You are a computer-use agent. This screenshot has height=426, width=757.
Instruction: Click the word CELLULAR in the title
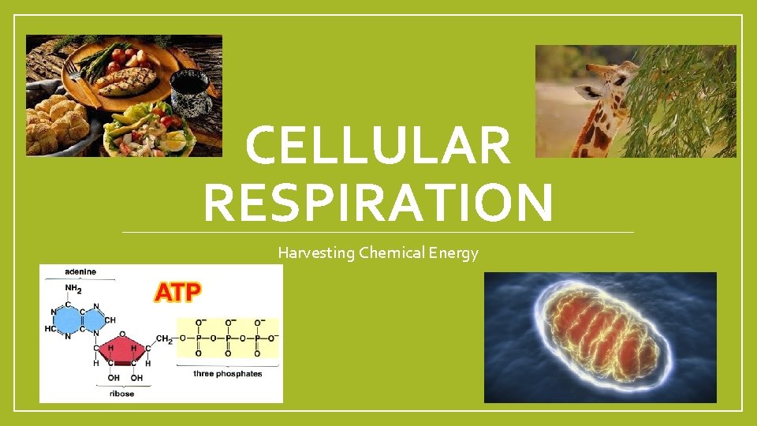point(378,147)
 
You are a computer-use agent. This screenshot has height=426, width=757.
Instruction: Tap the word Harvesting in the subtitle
point(316,253)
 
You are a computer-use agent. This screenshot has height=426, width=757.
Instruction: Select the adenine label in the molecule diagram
point(80,272)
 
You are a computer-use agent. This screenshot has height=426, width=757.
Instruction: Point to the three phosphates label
point(228,373)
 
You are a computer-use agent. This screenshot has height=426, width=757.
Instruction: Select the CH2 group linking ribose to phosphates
point(165,339)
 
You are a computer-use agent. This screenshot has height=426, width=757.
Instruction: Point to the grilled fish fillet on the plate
point(126,80)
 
